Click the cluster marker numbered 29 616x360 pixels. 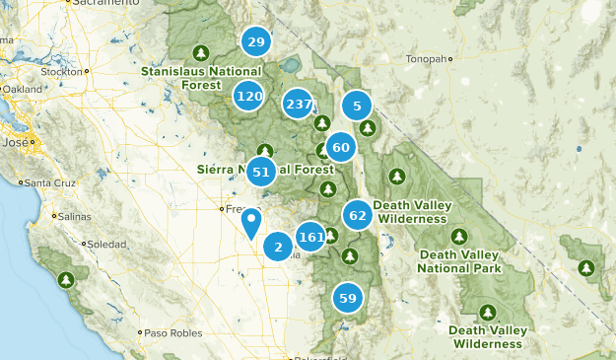pyautogui.click(x=256, y=41)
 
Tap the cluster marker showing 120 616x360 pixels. pyautogui.click(x=249, y=96)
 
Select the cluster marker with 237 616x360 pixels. pyautogui.click(x=298, y=105)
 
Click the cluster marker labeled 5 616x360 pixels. pyautogui.click(x=357, y=106)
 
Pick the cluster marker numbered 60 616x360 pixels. pyautogui.click(x=341, y=148)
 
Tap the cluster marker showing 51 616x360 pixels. pyautogui.click(x=261, y=172)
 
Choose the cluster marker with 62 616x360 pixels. pyautogui.click(x=358, y=214)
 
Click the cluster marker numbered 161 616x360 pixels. pyautogui.click(x=311, y=237)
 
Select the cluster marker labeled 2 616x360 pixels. pyautogui.click(x=278, y=247)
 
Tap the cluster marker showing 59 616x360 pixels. pyautogui.click(x=348, y=298)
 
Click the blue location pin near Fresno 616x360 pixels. pyautogui.click(x=252, y=222)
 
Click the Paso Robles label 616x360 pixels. pyautogui.click(x=171, y=332)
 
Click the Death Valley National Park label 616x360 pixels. pyautogui.click(x=459, y=261)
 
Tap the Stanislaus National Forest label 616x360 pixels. pyautogui.click(x=201, y=77)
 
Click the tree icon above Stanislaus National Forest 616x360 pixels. pyautogui.click(x=201, y=52)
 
